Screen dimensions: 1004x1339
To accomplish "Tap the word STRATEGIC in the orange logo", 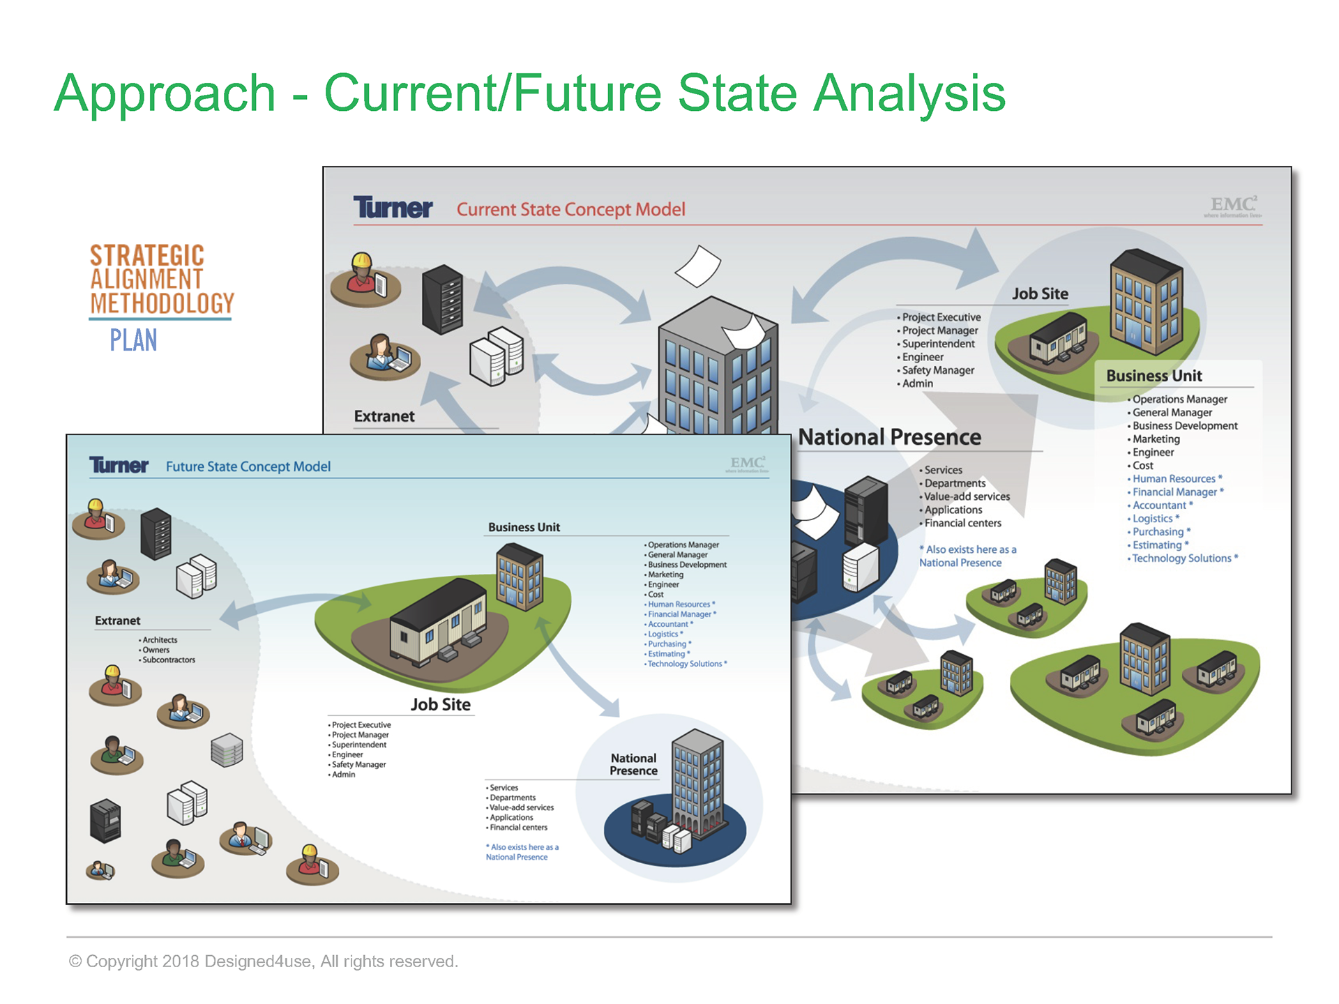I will [x=147, y=255].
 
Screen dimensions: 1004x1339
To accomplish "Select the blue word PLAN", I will [x=133, y=340].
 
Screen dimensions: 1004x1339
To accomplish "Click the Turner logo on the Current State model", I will [x=393, y=208].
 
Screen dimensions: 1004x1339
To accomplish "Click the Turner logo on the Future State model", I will [x=119, y=466].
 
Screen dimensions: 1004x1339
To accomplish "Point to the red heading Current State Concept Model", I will [x=570, y=209].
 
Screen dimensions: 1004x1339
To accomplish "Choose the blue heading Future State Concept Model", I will [x=248, y=466].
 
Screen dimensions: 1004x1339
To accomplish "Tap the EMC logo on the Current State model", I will [x=1233, y=205].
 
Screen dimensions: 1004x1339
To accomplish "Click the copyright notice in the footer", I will [x=264, y=961].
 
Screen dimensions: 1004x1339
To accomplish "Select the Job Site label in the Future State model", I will [x=440, y=704].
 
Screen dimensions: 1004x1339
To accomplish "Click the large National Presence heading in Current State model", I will [x=889, y=437].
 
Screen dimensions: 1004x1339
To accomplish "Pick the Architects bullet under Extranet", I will [x=160, y=640].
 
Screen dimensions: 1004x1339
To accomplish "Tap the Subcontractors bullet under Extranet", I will [x=169, y=660].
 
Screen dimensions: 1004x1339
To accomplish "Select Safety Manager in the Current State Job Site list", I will [x=938, y=370].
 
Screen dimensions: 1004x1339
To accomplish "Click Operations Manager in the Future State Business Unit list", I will [x=683, y=545].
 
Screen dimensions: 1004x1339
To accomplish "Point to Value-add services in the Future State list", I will [x=522, y=807].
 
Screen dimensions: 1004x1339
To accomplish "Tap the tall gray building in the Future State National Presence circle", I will [x=697, y=781].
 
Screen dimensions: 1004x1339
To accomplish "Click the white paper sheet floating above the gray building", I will [x=698, y=266].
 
